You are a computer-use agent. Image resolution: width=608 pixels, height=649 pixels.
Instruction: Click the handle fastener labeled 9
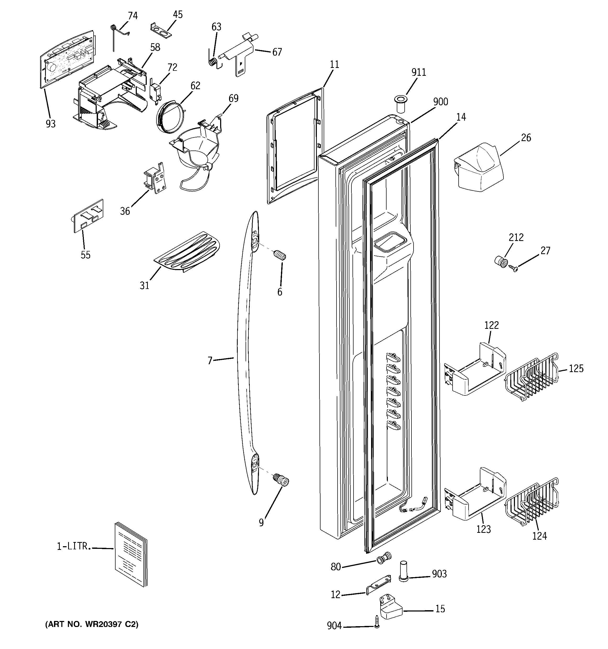[x=281, y=481]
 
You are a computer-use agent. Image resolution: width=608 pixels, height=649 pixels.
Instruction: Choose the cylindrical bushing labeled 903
[x=404, y=571]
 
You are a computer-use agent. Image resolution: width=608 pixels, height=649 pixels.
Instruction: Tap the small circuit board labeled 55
[x=88, y=216]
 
